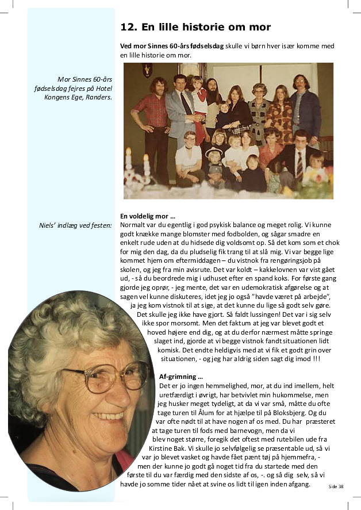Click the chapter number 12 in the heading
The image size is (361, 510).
pyautogui.click(x=127, y=27)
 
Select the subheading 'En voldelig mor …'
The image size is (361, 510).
pyautogui.click(x=148, y=216)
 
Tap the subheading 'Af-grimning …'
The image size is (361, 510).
pyautogui.click(x=180, y=377)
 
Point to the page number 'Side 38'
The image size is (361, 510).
pyautogui.click(x=336, y=486)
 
